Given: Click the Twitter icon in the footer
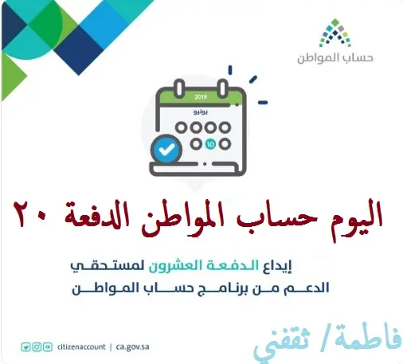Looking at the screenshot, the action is point(25,347).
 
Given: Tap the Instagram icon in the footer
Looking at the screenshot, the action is point(37,347).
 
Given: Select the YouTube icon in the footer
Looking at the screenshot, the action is point(48,347).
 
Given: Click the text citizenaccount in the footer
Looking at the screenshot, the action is point(81,347).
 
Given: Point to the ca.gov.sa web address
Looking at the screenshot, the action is point(132,347).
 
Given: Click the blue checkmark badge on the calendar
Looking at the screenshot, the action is point(166,149).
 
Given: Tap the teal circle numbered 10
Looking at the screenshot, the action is point(210,144).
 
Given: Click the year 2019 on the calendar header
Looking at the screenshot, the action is point(201,96).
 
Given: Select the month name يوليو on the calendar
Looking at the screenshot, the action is point(201,112).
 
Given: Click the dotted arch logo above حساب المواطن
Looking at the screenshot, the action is point(335,33).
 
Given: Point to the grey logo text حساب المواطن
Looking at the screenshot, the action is point(335,58).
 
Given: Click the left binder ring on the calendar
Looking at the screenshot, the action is point(179,89).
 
